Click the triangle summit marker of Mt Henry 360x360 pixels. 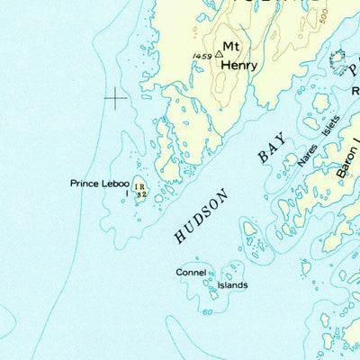click(218, 54)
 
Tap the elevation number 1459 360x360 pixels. click(202, 57)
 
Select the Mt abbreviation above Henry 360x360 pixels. click(233, 47)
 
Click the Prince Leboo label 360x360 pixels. click(100, 184)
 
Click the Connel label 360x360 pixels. click(191, 272)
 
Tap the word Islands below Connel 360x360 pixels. click(232, 286)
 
